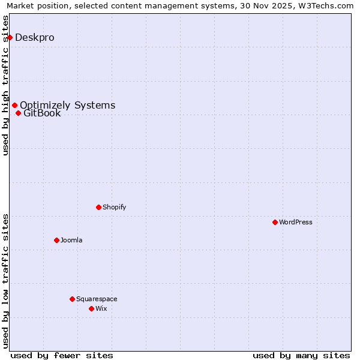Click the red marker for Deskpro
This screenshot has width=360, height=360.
click(x=10, y=37)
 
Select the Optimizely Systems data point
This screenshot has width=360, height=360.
click(x=14, y=106)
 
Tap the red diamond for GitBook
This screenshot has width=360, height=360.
click(x=18, y=113)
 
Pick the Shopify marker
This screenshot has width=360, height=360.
click(x=98, y=207)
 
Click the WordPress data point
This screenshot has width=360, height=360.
click(x=275, y=222)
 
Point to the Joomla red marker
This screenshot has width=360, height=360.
click(x=56, y=240)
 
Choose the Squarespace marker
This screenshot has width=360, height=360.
click(x=72, y=299)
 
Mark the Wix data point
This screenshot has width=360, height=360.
click(x=91, y=308)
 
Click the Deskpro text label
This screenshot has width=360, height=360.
click(x=34, y=37)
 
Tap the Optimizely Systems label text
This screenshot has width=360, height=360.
click(x=67, y=106)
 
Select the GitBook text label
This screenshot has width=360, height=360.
click(x=42, y=113)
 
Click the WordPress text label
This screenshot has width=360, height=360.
click(x=296, y=222)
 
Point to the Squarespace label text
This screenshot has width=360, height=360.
click(x=97, y=299)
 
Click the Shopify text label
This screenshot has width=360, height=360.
click(x=114, y=207)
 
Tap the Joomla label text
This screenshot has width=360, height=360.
click(x=71, y=240)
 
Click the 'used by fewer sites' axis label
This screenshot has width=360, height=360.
click(x=62, y=355)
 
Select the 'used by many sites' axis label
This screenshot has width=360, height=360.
click(x=301, y=355)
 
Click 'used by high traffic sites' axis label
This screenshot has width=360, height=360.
click(x=5, y=85)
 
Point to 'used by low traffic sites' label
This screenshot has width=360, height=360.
click(x=5, y=281)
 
